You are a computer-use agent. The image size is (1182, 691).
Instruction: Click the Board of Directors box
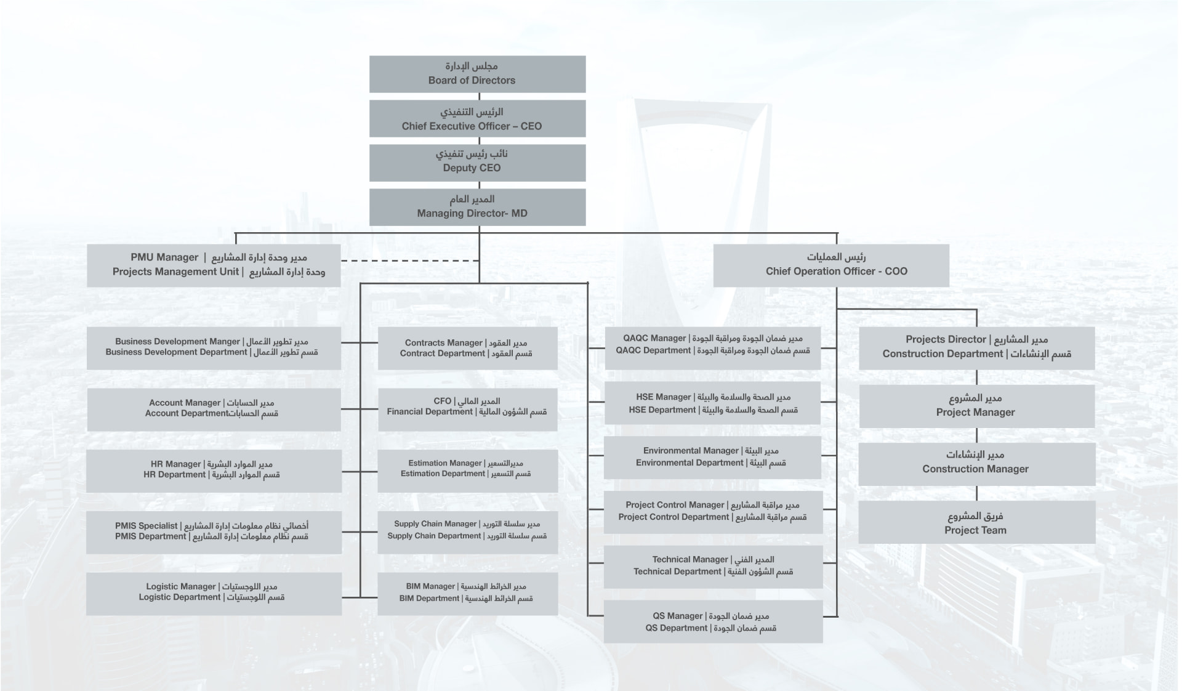(477, 74)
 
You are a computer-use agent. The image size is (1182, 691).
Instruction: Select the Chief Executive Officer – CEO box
(477, 118)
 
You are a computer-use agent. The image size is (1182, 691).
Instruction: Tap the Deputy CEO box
(477, 163)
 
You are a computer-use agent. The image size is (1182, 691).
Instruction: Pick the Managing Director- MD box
(477, 207)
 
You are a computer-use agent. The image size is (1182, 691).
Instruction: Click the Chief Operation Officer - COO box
(831, 265)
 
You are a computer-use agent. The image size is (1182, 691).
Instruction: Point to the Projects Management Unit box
(214, 265)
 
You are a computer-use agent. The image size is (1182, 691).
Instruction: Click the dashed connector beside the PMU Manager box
(410, 261)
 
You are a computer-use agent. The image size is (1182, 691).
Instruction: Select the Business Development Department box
(214, 348)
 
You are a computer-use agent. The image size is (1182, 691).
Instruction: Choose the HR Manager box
(214, 471)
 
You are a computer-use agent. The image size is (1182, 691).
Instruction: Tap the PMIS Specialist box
(214, 532)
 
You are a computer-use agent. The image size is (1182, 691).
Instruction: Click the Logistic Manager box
(214, 594)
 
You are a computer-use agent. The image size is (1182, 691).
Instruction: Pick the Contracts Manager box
(468, 348)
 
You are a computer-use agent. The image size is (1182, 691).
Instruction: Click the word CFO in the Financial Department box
(443, 401)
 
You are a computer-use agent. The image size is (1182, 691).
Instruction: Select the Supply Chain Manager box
(468, 532)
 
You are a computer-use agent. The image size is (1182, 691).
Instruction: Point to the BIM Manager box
(468, 594)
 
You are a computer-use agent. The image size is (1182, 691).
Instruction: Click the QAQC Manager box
(713, 348)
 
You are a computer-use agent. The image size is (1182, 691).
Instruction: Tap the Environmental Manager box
(713, 458)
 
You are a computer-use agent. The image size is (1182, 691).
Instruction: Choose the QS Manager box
(714, 621)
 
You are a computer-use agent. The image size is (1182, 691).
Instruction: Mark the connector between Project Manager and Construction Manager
(977, 435)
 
